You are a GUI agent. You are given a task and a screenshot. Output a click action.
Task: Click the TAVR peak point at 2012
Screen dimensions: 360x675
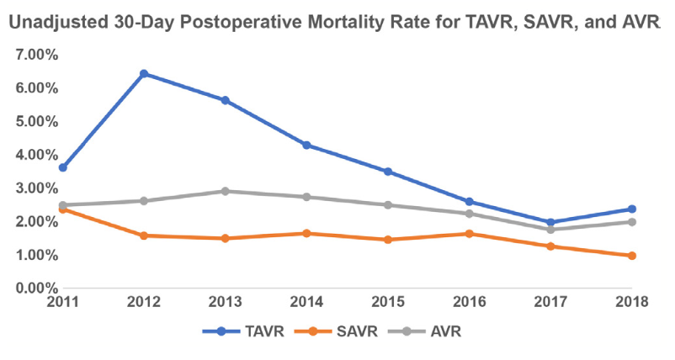(144, 74)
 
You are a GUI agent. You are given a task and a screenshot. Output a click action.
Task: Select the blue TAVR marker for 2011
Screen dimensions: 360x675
(63, 167)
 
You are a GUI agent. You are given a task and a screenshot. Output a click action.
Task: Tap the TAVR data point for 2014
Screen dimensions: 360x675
(306, 146)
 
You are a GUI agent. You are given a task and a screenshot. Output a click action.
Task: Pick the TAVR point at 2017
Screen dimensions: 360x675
(550, 223)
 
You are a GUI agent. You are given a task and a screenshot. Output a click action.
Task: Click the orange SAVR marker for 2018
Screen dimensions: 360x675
(631, 256)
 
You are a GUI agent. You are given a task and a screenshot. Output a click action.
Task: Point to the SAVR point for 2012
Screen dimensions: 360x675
(144, 236)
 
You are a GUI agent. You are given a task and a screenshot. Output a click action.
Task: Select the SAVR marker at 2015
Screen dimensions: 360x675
(388, 240)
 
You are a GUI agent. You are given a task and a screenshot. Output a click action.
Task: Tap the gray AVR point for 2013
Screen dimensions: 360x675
(226, 191)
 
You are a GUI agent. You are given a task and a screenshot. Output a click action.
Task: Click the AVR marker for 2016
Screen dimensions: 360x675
(469, 214)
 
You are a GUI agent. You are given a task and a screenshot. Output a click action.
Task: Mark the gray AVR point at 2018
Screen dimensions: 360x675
(631, 222)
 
